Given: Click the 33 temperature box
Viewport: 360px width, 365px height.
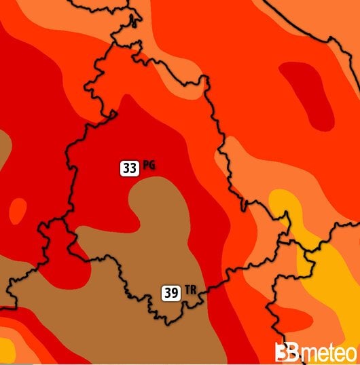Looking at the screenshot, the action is click(130, 168).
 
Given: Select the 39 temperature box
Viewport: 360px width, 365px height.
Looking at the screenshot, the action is click(171, 293).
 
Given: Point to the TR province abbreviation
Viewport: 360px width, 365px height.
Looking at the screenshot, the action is click(190, 290).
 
